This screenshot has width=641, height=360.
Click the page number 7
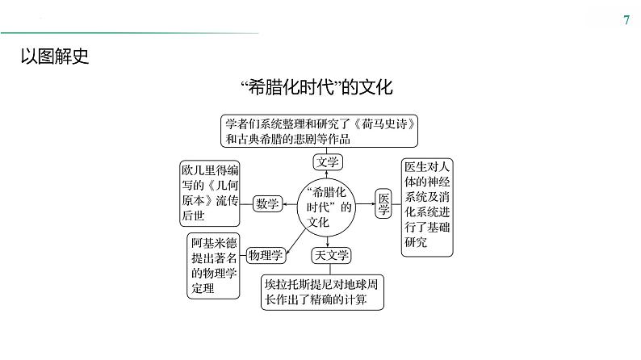click(x=627, y=20)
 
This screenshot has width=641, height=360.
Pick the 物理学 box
click(x=266, y=255)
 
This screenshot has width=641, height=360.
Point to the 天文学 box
click(x=331, y=256)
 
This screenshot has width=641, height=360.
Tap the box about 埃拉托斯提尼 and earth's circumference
click(x=321, y=292)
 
